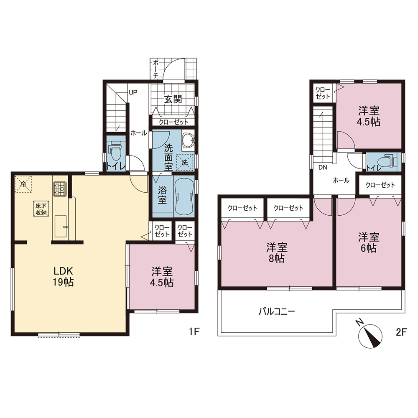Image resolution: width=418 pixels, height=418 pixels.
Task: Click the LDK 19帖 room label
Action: click(64, 276)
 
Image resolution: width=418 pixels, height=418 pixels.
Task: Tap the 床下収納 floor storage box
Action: click(41, 209)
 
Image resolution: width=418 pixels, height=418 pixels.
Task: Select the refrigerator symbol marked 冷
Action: click(23, 184)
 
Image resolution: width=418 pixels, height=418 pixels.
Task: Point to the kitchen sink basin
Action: click(61, 226)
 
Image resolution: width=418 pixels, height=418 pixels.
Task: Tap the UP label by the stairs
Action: click(133, 92)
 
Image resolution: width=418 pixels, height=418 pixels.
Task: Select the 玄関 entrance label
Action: click(173, 99)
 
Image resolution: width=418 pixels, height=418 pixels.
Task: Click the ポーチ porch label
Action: click(155, 69)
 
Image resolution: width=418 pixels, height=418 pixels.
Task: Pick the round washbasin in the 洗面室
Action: click(189, 140)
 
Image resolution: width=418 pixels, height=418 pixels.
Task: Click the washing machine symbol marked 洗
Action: click(185, 162)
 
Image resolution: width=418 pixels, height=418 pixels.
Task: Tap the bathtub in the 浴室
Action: click(184, 195)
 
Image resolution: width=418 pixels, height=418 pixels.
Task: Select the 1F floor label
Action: click(194, 331)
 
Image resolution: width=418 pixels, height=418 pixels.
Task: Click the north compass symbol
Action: click(370, 335)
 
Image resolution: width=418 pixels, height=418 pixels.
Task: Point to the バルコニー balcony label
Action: click(277, 312)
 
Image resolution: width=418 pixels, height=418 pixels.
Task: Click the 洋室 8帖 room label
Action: click(277, 253)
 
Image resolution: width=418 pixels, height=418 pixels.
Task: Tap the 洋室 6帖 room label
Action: click(369, 242)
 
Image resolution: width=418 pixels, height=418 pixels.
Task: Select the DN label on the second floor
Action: click(323, 168)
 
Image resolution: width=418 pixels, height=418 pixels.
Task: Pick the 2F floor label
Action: click(401, 332)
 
